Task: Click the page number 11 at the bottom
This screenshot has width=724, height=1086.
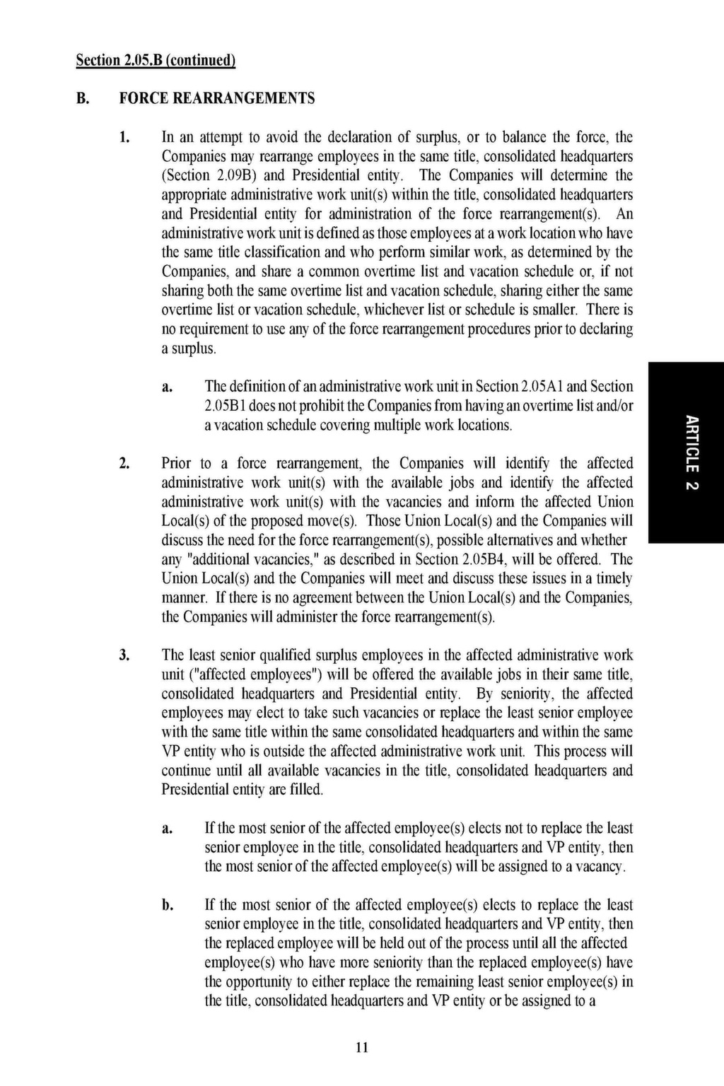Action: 361,1048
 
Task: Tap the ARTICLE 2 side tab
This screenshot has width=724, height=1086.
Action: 691,452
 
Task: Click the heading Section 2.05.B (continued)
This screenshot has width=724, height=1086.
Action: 156,61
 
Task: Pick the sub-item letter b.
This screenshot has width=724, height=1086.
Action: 167,905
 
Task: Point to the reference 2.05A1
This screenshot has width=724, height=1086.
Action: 544,387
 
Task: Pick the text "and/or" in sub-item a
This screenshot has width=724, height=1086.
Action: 615,406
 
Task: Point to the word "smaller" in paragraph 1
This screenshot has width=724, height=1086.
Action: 558,310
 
